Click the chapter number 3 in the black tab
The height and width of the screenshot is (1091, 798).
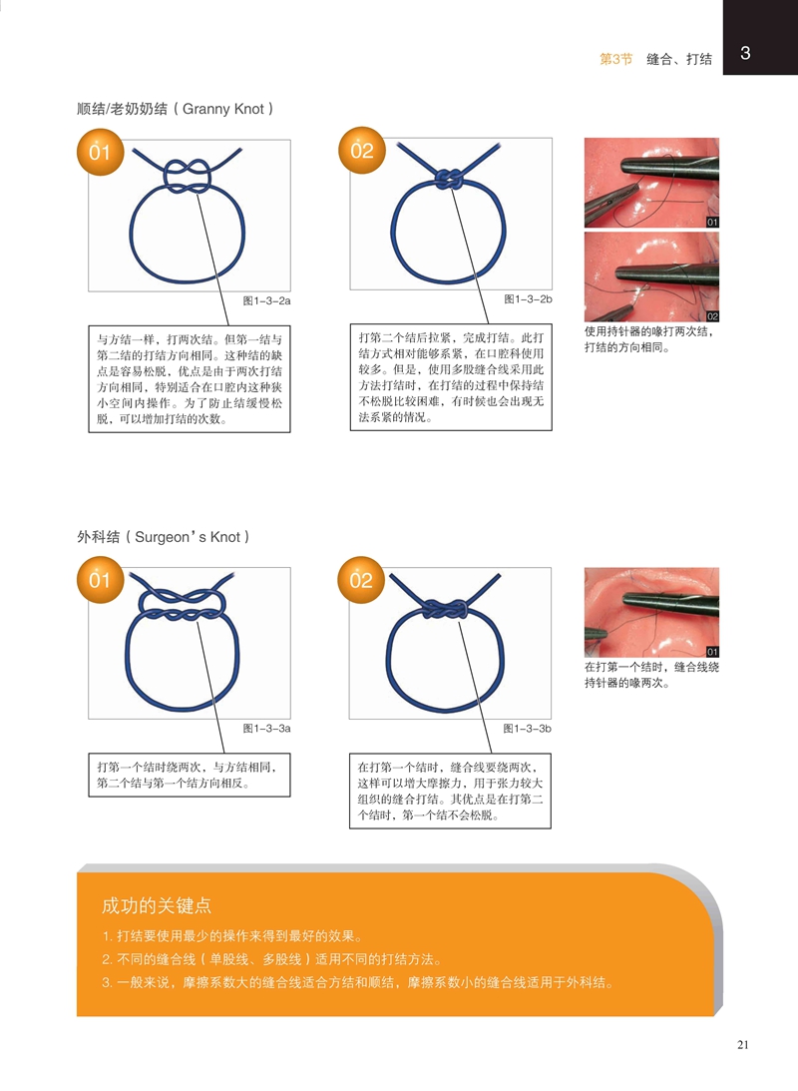(745, 53)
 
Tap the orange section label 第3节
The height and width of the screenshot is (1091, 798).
(615, 59)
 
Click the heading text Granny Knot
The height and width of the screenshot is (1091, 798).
(223, 109)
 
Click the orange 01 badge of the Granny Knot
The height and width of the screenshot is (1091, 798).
(100, 152)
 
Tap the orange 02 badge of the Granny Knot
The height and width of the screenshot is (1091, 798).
(361, 151)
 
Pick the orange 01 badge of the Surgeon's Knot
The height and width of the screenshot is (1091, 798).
(100, 580)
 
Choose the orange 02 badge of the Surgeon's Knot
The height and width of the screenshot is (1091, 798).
(361, 580)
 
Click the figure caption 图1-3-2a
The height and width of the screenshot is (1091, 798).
(266, 300)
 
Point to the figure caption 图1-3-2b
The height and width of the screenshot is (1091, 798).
(528, 299)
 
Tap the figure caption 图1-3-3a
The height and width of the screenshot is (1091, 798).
(266, 729)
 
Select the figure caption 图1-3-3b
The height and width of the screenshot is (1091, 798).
(527, 729)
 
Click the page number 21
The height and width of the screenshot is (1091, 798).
(743, 1044)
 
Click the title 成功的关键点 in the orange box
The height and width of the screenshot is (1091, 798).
(157, 905)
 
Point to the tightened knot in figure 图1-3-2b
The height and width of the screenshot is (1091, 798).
(449, 180)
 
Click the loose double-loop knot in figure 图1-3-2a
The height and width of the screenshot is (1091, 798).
(188, 176)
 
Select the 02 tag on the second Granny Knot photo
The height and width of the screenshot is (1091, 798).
(712, 316)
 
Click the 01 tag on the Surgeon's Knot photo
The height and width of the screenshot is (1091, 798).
(712, 652)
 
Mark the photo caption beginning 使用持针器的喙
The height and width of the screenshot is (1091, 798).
(649, 339)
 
